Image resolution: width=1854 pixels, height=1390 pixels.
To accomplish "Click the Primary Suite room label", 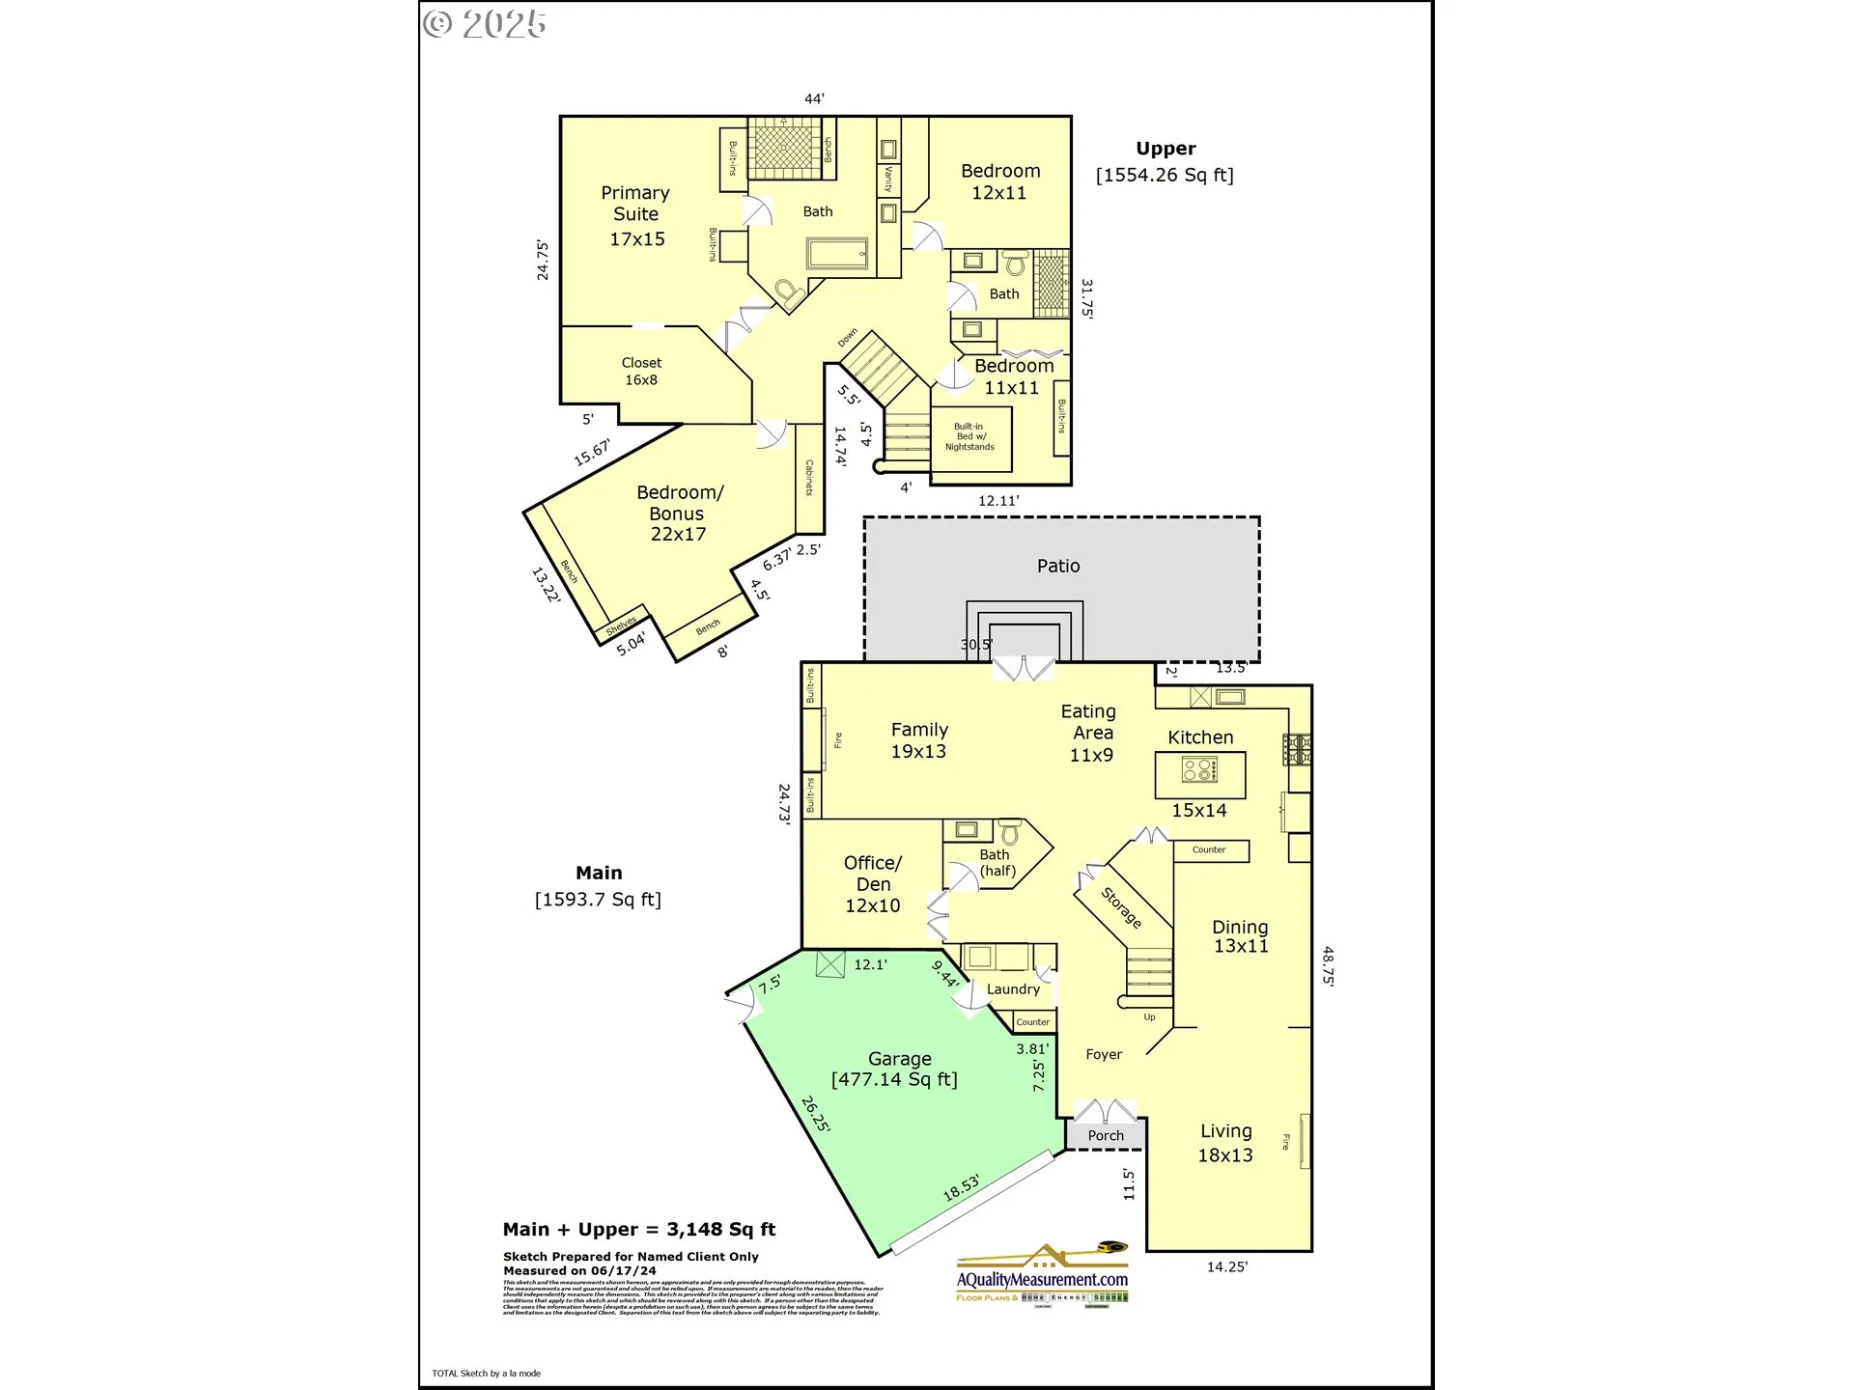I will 635,215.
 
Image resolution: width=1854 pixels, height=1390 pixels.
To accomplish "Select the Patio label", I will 1058,566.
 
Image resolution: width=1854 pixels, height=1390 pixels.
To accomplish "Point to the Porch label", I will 1106,1135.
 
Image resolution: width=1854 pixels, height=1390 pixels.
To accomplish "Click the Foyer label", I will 1104,1054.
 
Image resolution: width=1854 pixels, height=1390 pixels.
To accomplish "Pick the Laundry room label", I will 1013,988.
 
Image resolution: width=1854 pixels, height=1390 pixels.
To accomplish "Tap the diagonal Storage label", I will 1122,907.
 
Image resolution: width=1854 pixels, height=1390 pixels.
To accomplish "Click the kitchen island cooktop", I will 1200,770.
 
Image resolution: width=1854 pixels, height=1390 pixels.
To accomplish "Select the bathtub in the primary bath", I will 837,255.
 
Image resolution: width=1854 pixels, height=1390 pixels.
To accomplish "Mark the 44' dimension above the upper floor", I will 814,98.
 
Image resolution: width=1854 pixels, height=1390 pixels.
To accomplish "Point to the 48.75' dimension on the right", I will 1329,965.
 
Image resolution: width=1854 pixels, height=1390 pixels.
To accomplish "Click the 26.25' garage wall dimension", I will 816,1113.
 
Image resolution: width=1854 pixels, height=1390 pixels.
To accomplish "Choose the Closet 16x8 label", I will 641,372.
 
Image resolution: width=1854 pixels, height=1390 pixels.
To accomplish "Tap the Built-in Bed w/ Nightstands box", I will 969,437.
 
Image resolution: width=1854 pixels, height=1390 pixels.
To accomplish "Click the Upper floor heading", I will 1166,149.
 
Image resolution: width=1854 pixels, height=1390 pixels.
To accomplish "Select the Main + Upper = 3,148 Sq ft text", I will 639,1229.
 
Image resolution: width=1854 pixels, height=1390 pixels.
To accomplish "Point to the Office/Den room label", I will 873,883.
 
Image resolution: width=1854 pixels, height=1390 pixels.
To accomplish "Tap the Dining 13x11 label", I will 1241,936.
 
